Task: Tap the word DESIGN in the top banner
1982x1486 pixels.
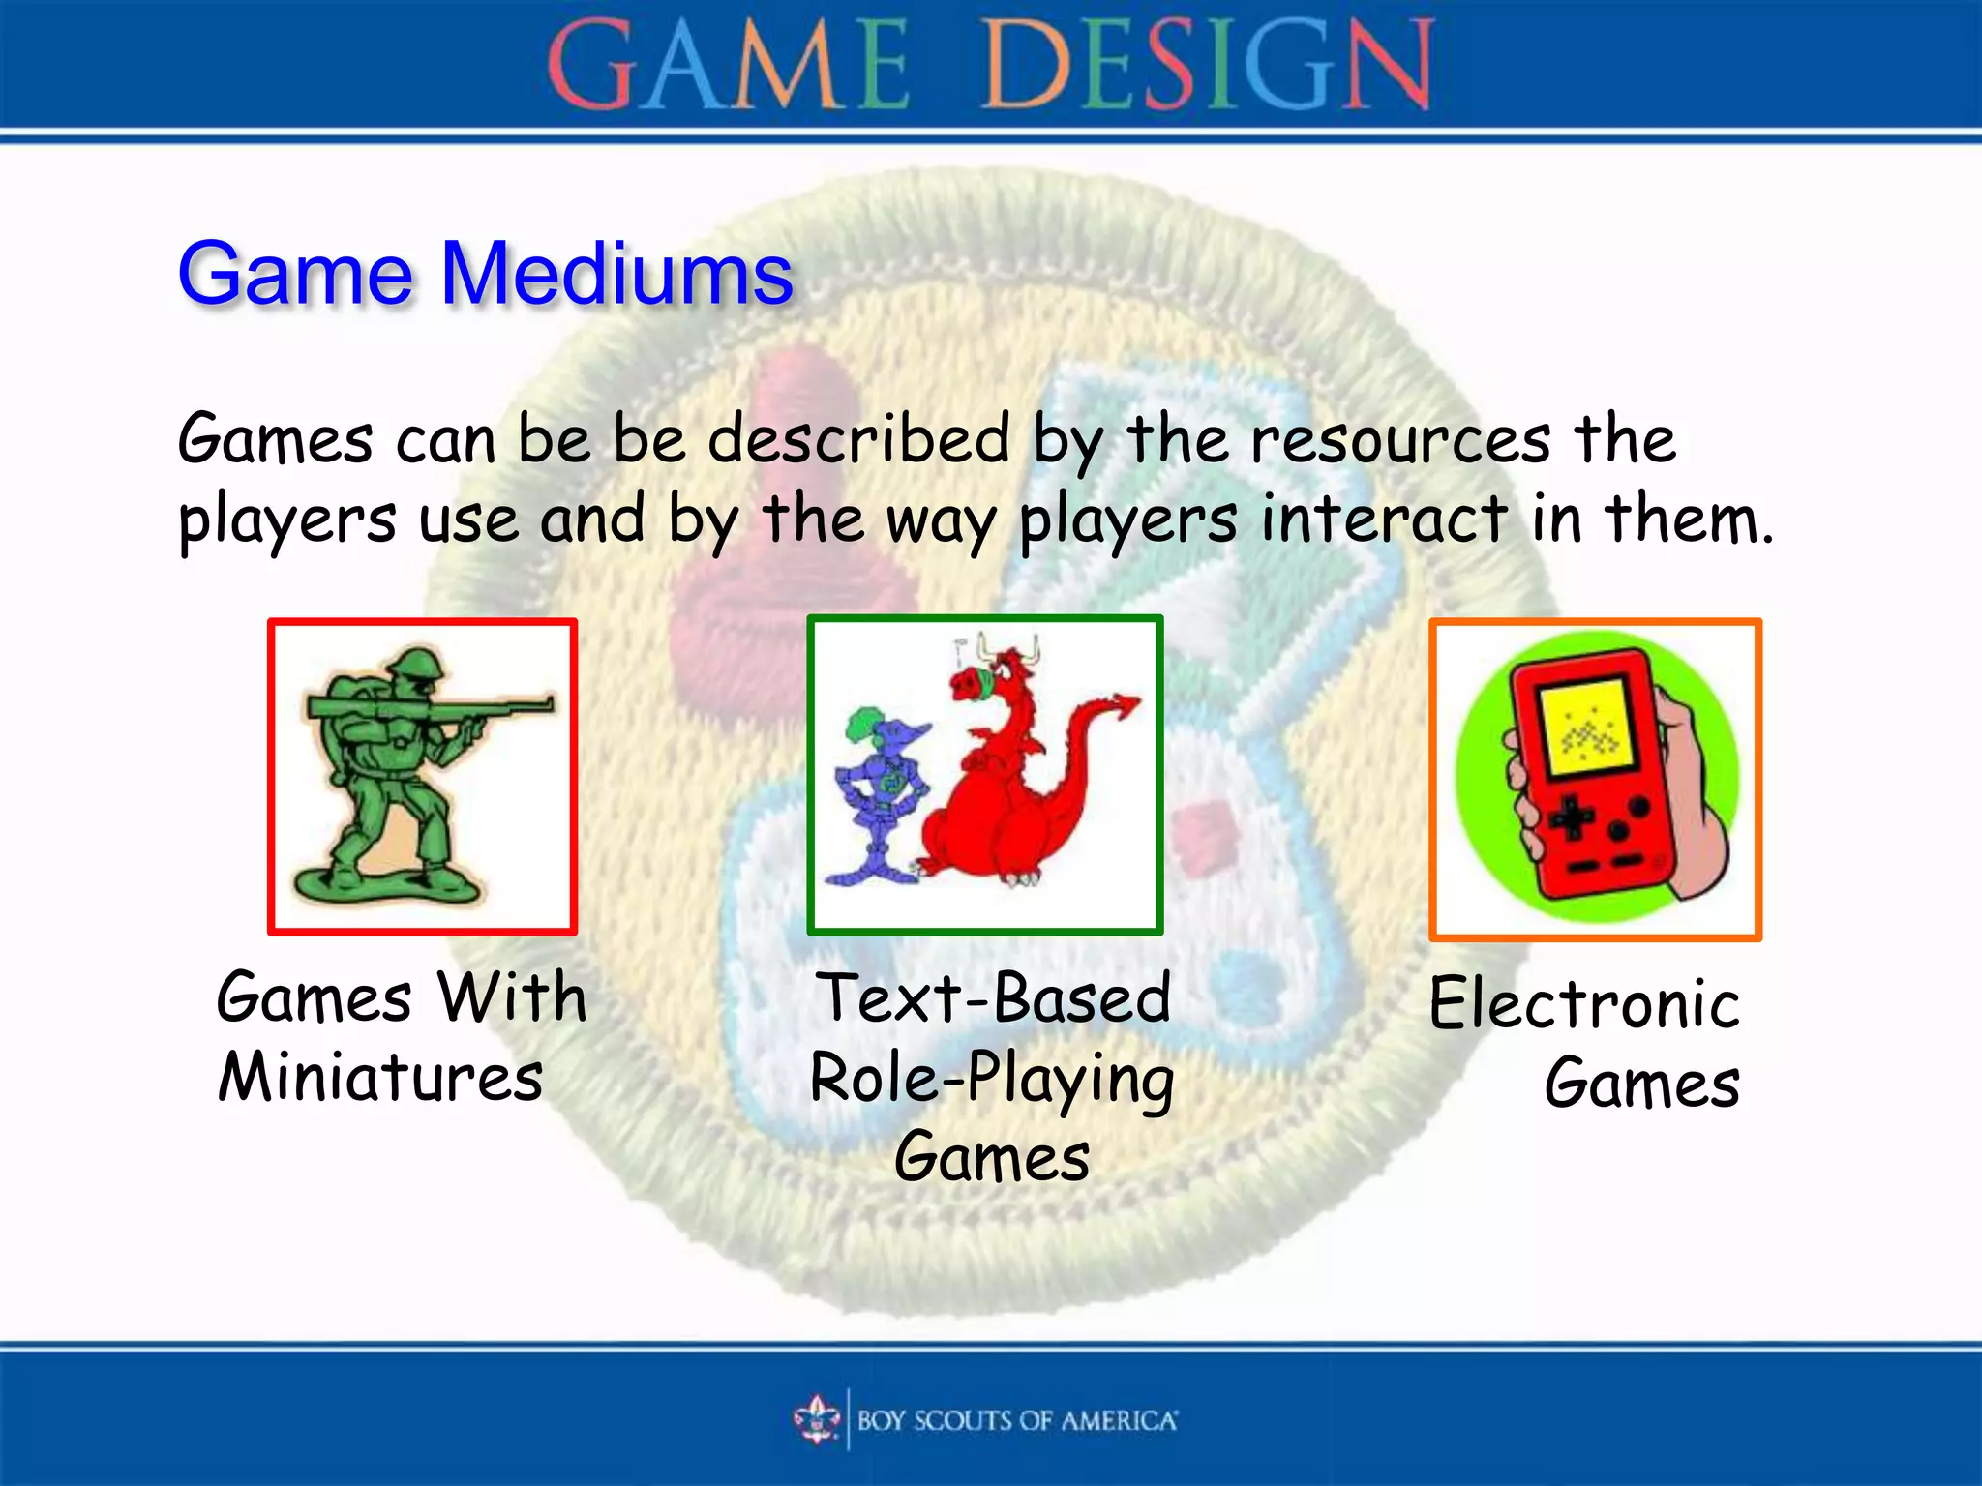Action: click(x=1207, y=66)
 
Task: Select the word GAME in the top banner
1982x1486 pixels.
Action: click(x=728, y=66)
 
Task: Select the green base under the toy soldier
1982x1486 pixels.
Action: click(x=387, y=884)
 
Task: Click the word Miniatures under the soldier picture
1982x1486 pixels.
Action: click(x=380, y=1078)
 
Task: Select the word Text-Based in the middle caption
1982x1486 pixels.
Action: click(x=994, y=998)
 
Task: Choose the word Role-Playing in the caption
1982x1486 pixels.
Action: click(x=992, y=1080)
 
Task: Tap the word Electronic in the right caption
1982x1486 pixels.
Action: click(x=1584, y=1004)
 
